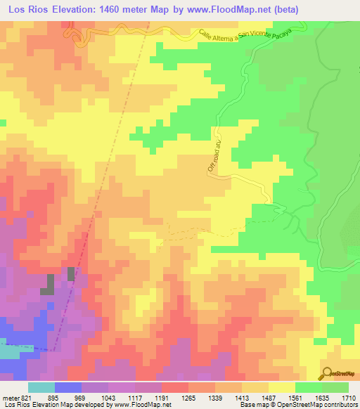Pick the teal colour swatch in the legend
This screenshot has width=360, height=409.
point(41,387)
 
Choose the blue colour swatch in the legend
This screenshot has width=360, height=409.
point(68,387)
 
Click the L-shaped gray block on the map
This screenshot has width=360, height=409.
point(50,284)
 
